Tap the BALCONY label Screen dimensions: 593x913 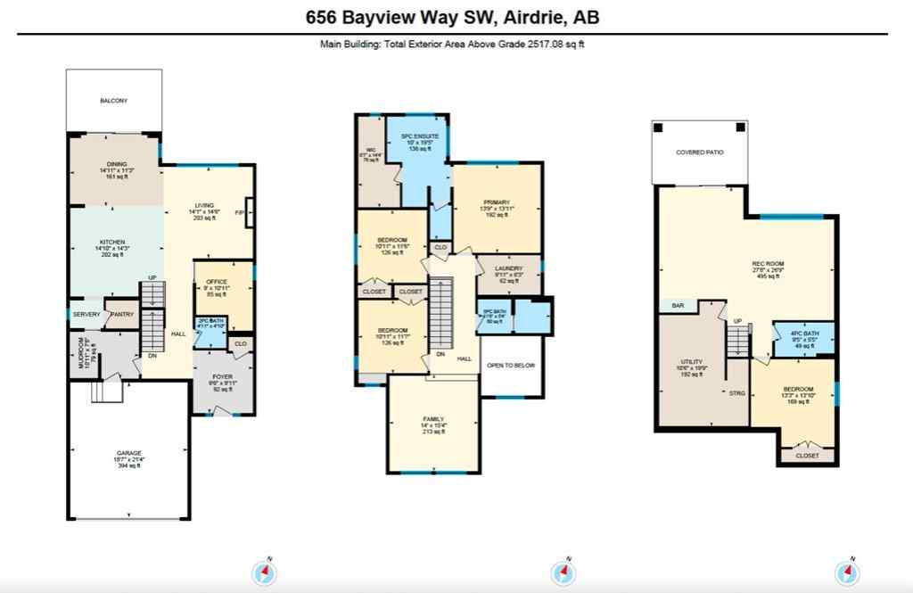point(113,101)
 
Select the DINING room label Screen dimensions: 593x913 point(117,164)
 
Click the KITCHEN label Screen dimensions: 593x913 point(111,242)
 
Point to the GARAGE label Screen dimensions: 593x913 point(128,453)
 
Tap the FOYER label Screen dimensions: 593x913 point(222,377)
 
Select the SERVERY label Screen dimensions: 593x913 point(86,314)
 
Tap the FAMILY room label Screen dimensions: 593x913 point(433,418)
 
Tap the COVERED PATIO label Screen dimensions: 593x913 point(699,152)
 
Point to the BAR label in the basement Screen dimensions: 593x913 point(678,306)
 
